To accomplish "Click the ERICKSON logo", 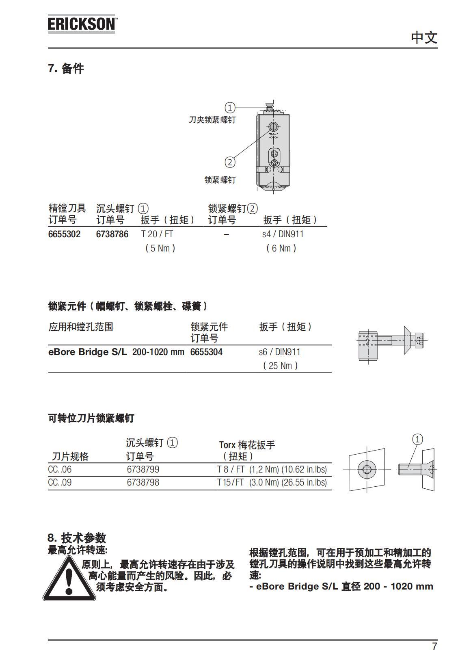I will pos(82,24).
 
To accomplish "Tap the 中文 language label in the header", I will pos(424,38).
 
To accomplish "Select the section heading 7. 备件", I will pos(66,69).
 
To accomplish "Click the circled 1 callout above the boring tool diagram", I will pos(230,108).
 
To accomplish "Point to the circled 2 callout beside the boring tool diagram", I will pos(230,162).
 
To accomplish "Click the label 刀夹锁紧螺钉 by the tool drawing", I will pos(212,120).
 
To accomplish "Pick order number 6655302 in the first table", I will pos(64,234).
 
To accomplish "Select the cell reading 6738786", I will pos(112,234).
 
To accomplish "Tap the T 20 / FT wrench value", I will pos(157,234).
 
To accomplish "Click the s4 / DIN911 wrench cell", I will pos(283,234).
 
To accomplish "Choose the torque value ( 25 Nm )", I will pos(280,366).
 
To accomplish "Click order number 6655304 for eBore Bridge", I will pos(206,352).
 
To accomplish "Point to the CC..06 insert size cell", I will pos(60,470).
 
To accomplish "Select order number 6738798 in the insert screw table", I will pos(143,483).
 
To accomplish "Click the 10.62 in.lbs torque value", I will pos(304,470).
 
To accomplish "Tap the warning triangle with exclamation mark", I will pos(69,579).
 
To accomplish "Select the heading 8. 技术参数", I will pos(77,538).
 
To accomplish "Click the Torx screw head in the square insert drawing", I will pos(367,470).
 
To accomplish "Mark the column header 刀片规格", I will pos(70,456).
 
